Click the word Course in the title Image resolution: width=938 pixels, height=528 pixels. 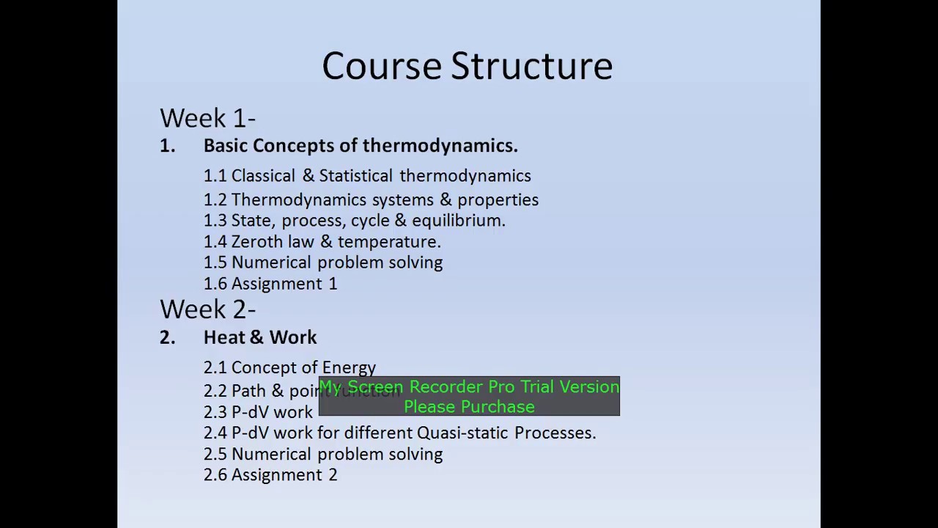381,66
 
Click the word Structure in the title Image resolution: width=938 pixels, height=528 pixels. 531,66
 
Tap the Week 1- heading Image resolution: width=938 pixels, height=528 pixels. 207,118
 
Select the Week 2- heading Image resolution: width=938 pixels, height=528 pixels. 207,309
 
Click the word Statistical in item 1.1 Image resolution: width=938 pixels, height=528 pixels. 356,176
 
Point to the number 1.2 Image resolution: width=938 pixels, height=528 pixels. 215,200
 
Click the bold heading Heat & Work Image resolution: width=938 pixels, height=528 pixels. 260,337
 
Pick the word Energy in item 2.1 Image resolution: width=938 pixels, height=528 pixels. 349,368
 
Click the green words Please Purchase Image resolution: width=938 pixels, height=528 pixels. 469,407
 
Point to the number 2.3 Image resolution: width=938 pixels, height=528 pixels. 215,412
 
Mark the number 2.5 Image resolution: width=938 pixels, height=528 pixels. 215,455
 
